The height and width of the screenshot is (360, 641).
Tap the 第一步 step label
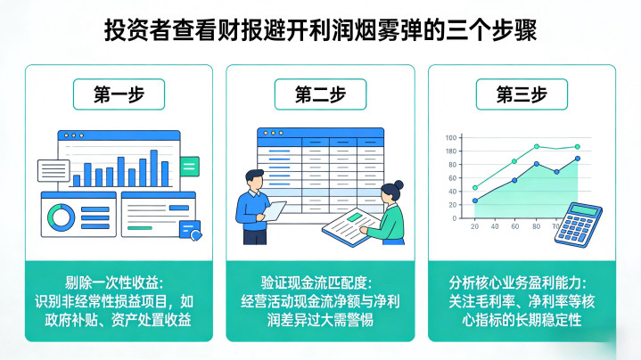click(x=119, y=92)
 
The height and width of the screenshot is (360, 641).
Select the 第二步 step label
click(x=320, y=92)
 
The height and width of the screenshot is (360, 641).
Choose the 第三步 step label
click(x=522, y=92)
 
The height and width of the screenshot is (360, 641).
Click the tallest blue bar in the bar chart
click(x=153, y=168)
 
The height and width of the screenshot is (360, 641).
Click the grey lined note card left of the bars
click(x=53, y=169)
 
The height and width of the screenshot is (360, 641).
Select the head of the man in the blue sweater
click(x=254, y=178)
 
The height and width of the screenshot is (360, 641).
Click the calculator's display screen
click(x=585, y=211)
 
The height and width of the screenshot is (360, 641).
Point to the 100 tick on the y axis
click(x=451, y=137)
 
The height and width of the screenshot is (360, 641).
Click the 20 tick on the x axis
click(x=474, y=227)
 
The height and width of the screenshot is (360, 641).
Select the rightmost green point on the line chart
click(x=577, y=147)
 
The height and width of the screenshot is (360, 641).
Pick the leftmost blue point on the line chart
click(x=475, y=200)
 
